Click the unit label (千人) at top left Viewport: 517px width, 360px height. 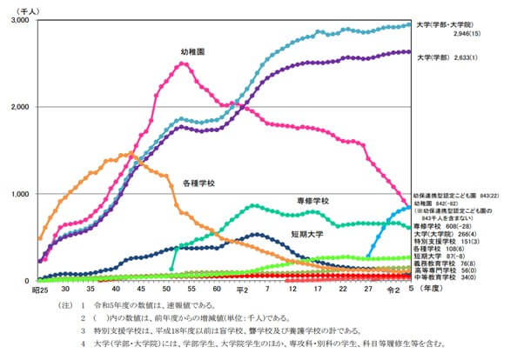22,8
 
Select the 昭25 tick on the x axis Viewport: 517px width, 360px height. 39,289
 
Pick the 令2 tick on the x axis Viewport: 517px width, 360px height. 396,289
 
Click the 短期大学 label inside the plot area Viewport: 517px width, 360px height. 311,234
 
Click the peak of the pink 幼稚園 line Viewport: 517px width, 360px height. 183,63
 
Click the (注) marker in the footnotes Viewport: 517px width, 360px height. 64,306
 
